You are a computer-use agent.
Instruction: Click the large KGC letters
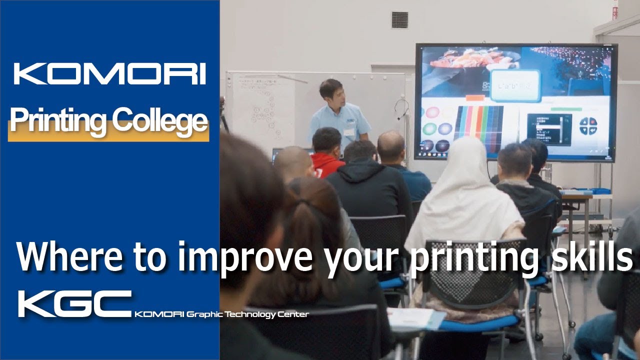(74, 303)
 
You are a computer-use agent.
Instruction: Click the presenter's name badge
(349, 132)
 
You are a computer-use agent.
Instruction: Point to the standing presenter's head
(331, 92)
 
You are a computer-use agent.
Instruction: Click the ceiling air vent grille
(399, 19)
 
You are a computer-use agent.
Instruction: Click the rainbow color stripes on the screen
(478, 122)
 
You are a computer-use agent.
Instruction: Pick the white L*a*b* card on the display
(514, 86)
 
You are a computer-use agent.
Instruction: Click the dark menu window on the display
(549, 129)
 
